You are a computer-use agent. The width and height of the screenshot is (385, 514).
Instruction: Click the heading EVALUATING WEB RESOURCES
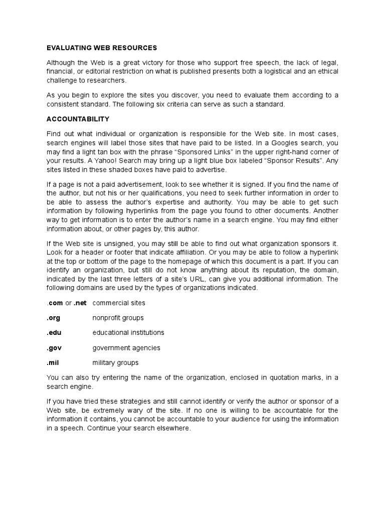102,48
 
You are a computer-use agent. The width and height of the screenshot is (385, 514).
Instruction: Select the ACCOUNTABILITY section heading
78,119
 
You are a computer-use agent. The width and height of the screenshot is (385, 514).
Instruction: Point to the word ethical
325,71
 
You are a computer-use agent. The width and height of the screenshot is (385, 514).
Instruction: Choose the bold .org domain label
54,318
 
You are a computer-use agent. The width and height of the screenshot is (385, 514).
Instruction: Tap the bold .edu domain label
54,332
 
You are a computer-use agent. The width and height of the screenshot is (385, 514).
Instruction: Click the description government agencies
126,347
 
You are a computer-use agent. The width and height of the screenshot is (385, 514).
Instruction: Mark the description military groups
115,362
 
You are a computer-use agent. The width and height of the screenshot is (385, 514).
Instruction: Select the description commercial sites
119,303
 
